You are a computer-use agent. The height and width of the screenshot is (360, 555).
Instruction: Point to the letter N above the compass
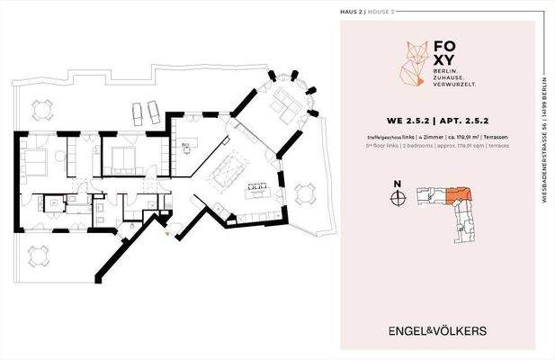coord(397,186)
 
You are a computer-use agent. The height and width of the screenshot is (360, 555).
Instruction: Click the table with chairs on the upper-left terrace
coord(42,111)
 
